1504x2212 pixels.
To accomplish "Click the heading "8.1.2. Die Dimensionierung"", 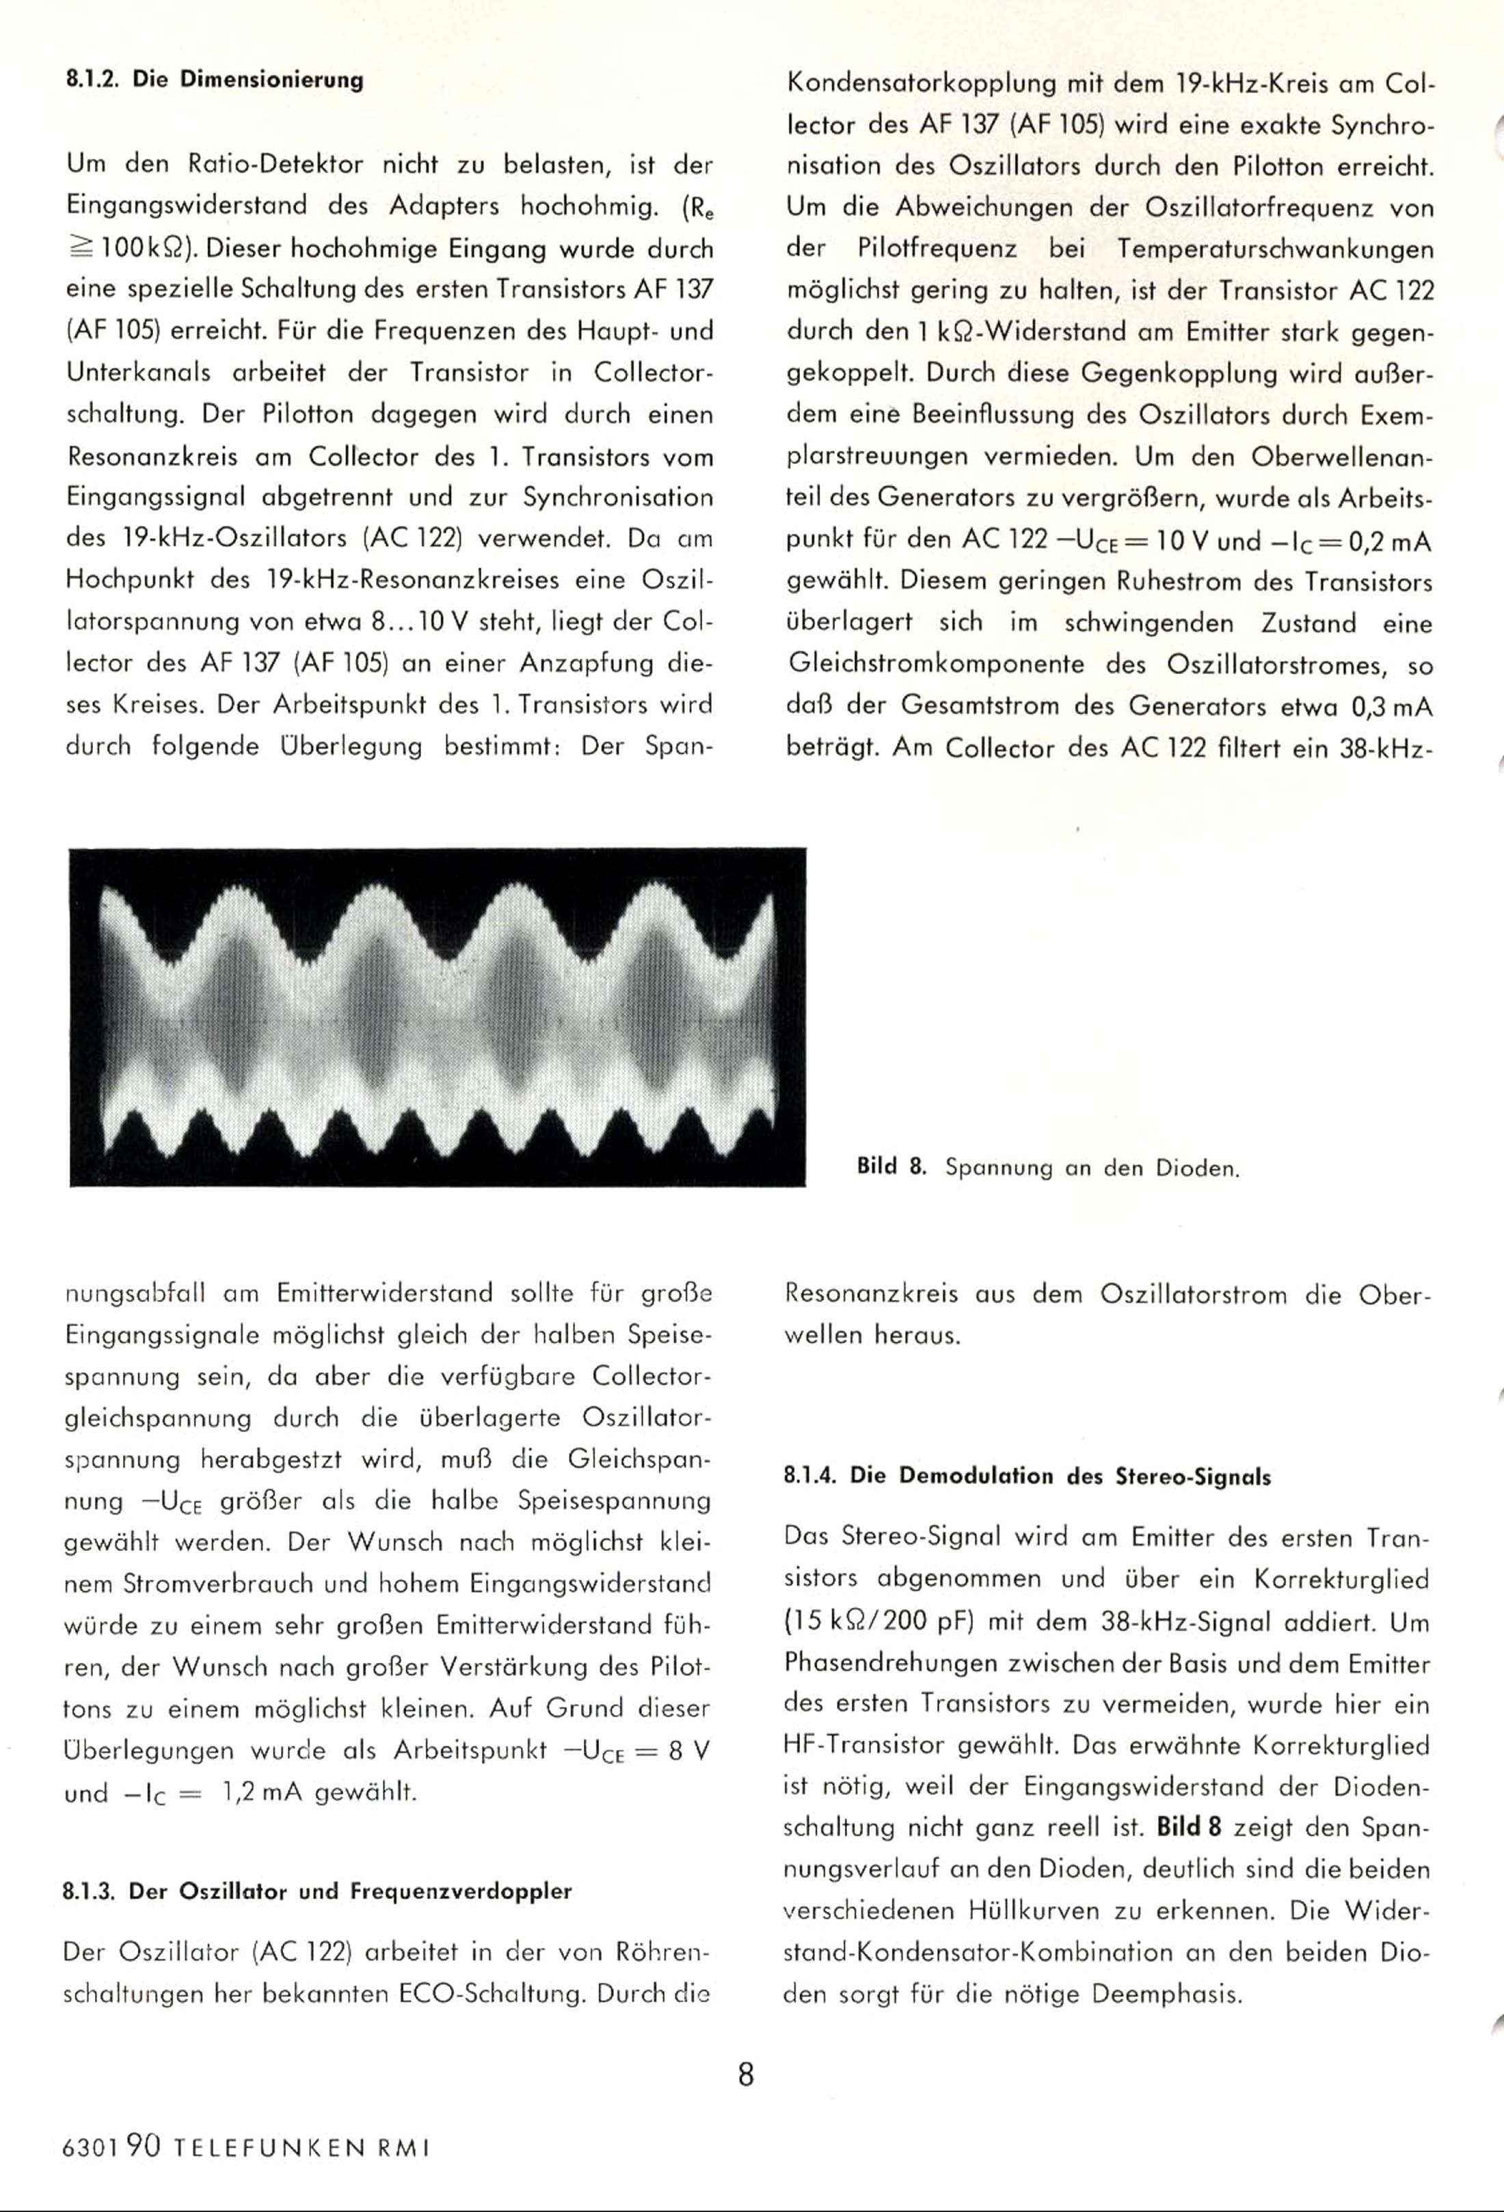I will tap(214, 80).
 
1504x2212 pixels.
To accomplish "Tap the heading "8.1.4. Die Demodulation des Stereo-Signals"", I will tap(1027, 1476).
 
